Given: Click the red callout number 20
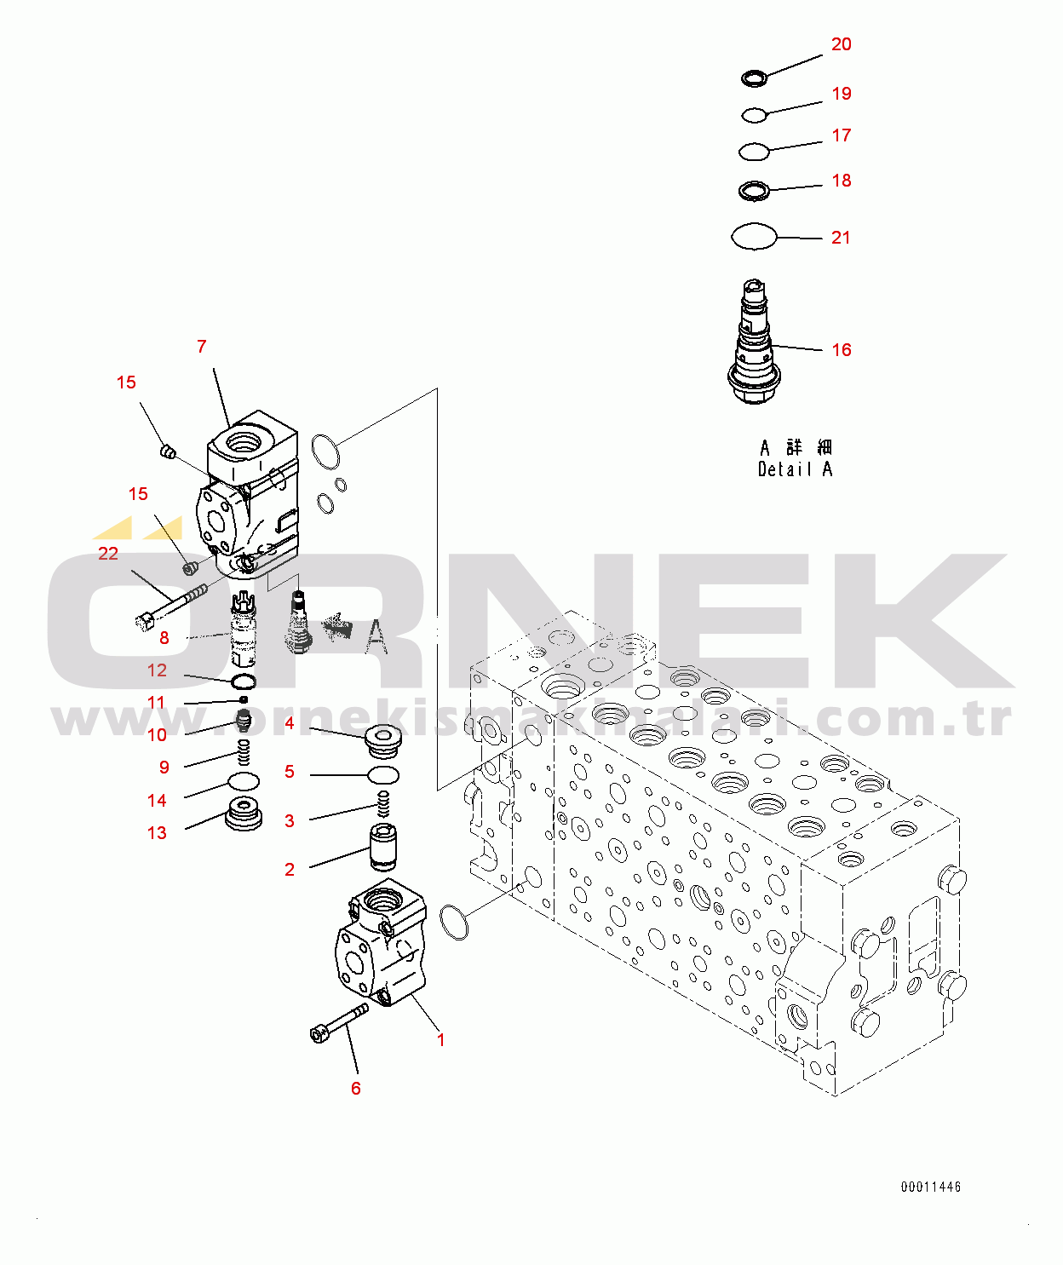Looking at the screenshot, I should pos(841,44).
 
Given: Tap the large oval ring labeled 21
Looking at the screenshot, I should pos(754,236).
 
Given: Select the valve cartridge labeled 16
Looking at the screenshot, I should pos(754,345).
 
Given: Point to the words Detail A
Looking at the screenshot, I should pos(795,469).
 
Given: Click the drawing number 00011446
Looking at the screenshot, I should pos(930,1187).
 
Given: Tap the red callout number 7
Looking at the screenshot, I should pos(202,347).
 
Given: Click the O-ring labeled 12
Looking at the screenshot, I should pos(244,681).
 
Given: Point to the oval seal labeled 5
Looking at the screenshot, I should pos(382,775).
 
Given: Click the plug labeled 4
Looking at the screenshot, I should pos(382,739).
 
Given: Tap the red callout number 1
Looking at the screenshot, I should pos(441,1040).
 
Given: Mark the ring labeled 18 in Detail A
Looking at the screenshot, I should pos(754,190).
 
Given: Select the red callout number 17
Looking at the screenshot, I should pos(841,135).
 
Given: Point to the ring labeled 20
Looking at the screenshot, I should pos(754,78).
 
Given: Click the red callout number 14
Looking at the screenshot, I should pos(157,801).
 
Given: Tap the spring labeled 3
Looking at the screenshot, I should pos(383,803).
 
